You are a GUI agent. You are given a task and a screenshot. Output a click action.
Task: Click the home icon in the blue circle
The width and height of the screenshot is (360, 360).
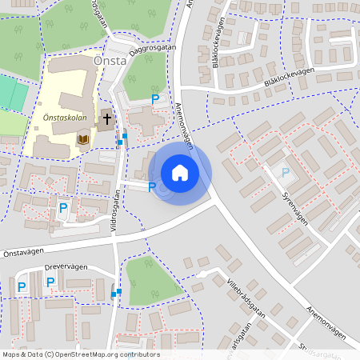[x=180, y=173]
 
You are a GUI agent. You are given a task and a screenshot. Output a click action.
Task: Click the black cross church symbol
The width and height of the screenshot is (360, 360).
[x=106, y=119]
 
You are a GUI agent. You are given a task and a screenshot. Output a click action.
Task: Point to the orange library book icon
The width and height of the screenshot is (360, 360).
[x=82, y=140]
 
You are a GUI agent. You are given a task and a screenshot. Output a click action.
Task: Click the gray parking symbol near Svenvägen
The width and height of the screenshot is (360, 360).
[x=282, y=171]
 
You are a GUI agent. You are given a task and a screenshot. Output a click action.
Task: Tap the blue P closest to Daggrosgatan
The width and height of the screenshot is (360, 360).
[x=155, y=99]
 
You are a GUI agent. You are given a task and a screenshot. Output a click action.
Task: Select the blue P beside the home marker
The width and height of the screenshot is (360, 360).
[x=152, y=187]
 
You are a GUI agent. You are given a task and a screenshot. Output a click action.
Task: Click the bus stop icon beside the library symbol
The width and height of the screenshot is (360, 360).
[x=121, y=142]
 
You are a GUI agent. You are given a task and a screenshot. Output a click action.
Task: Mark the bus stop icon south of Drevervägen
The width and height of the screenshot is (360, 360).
[x=116, y=294]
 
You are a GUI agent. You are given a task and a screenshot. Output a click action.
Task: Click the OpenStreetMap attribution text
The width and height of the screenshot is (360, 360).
[x=80, y=354]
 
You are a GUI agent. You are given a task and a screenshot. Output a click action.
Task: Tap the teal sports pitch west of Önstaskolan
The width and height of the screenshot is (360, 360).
[x=13, y=93]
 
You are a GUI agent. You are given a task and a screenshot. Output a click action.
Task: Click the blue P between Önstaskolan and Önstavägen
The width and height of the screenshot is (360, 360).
[x=62, y=208]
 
